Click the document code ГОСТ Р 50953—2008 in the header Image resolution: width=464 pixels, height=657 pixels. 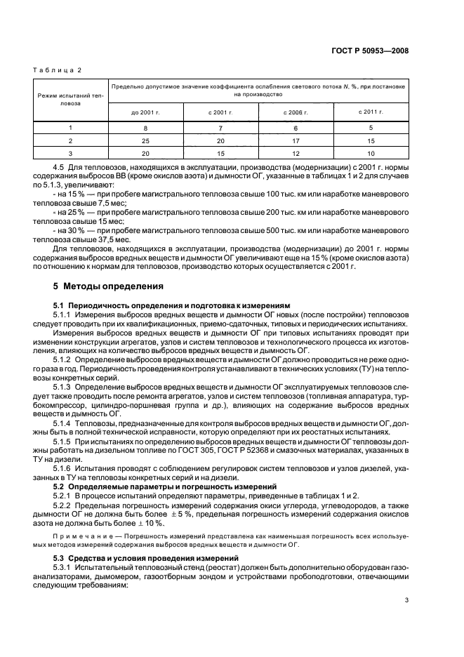pos(369,51)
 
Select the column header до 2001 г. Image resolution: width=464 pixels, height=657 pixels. pos(146,112)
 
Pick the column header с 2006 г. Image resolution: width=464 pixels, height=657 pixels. pos(296,112)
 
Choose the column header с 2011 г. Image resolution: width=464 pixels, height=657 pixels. pos(371,112)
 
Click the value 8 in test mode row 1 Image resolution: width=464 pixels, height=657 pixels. pos(146,128)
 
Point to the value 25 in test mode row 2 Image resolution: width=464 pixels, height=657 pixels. pos(146,140)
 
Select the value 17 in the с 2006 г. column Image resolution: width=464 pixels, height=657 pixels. pos(296,140)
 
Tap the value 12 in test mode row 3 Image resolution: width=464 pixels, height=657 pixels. pos(296,152)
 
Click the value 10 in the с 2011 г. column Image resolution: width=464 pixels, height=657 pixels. pos(371,152)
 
